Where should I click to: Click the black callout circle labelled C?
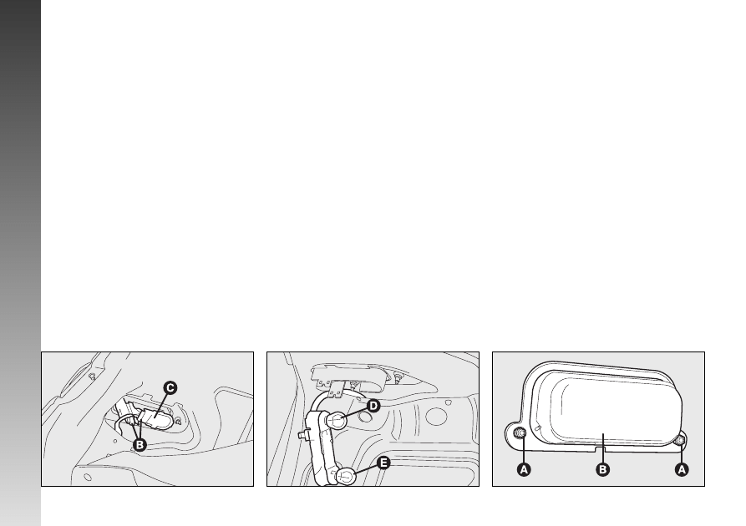point(170,387)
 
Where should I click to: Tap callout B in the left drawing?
point(140,445)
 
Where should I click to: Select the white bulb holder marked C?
point(155,419)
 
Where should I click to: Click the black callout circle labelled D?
point(373,406)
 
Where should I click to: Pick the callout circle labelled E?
point(383,463)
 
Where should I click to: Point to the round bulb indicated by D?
point(337,421)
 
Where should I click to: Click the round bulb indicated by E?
point(346,477)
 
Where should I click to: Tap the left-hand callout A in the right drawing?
point(524,469)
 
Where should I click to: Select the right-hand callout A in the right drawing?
point(682,469)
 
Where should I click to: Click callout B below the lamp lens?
point(603,469)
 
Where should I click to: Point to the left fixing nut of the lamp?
point(520,432)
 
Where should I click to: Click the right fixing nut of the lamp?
point(680,440)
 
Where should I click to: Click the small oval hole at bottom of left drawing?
point(88,477)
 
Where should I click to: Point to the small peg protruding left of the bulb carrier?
point(302,433)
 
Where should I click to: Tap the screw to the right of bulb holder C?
point(177,421)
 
